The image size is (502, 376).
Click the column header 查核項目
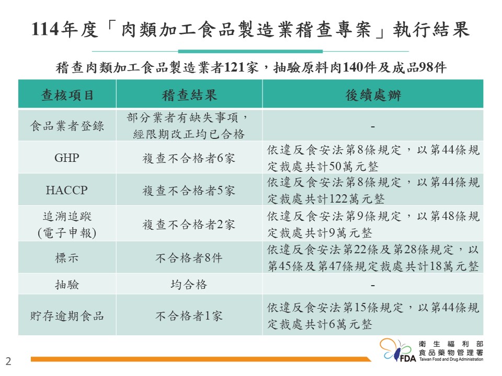pyautogui.click(x=67, y=95)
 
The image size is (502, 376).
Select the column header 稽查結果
pyautogui.click(x=189, y=95)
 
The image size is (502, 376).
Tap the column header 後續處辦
pyautogui.click(x=373, y=95)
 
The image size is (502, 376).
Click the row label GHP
pyautogui.click(x=67, y=158)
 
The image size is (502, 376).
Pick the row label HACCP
pyautogui.click(x=67, y=190)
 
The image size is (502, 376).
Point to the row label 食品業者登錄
pyautogui.click(x=67, y=126)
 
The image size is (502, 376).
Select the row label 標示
pyautogui.click(x=67, y=257)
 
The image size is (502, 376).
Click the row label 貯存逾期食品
pyautogui.click(x=67, y=316)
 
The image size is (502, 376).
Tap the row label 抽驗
pyautogui.click(x=67, y=284)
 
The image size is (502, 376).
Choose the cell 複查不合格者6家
pyautogui.click(x=189, y=158)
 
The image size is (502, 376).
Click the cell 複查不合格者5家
pyautogui.click(x=189, y=191)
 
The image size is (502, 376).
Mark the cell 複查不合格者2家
pyautogui.click(x=189, y=225)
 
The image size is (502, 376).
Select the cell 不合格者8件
pyautogui.click(x=189, y=257)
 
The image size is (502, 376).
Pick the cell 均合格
pyautogui.click(x=189, y=284)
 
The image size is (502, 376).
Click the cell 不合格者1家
pyautogui.click(x=189, y=316)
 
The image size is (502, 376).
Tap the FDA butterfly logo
pyautogui.click(x=397, y=350)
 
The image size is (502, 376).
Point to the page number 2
pyautogui.click(x=8, y=361)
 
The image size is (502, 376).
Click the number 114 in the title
pyautogui.click(x=45, y=29)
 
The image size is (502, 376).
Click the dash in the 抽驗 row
pyautogui.click(x=373, y=285)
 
